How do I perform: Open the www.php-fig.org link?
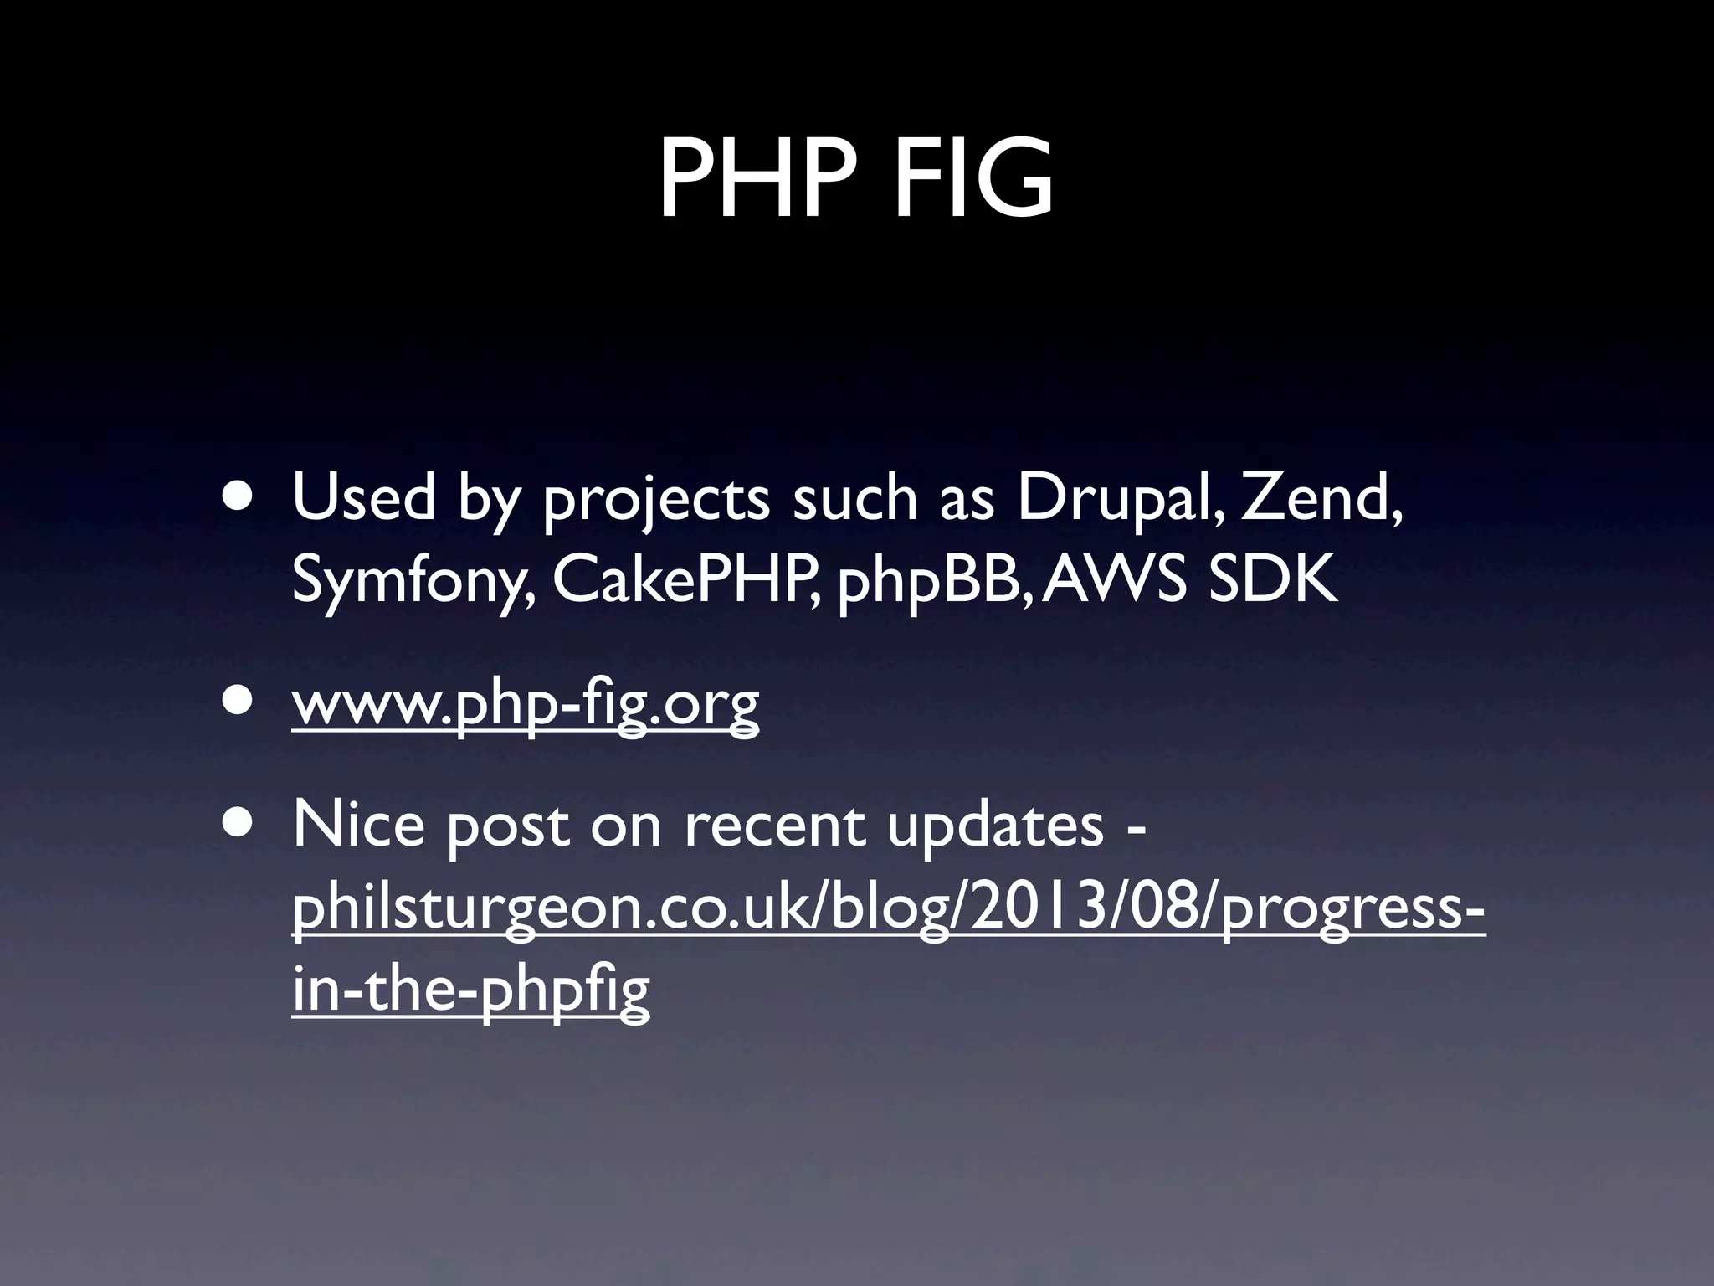click(x=526, y=705)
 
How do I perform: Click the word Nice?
click(x=358, y=824)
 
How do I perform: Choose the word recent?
click(x=775, y=826)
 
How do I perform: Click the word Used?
click(x=363, y=497)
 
